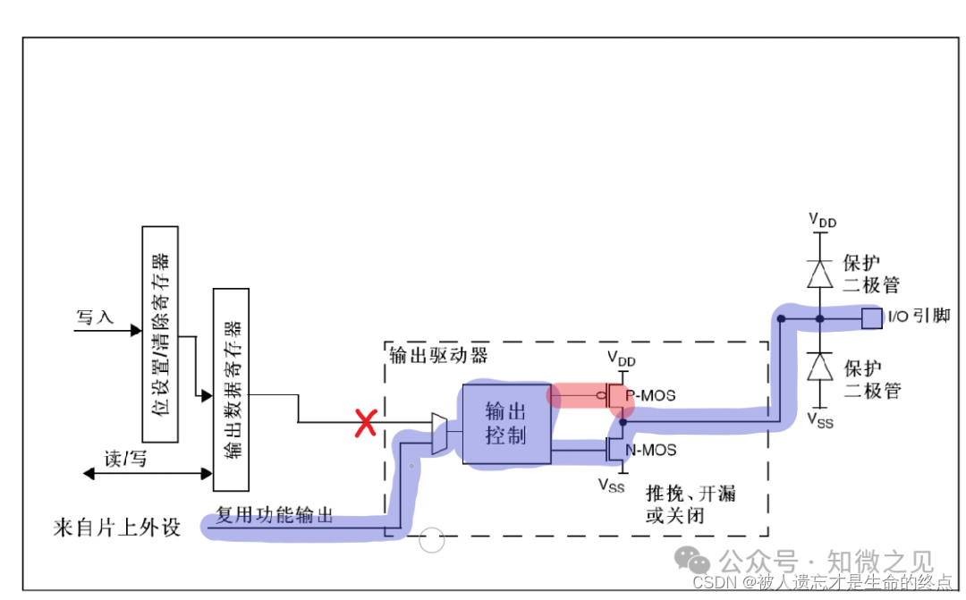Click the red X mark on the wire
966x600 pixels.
coord(364,423)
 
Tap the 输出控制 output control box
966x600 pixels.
coord(506,424)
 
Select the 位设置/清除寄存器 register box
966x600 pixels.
coord(160,334)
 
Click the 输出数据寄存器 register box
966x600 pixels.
coord(231,389)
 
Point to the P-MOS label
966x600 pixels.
coord(650,395)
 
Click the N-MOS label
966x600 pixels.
coord(650,450)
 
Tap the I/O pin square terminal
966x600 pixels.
coord(870,317)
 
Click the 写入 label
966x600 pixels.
coord(96,317)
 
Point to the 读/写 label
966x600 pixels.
coord(125,460)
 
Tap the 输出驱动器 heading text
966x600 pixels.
coord(439,355)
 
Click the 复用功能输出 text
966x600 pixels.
coord(275,515)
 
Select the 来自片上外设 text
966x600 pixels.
coord(117,528)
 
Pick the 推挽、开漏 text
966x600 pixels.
coord(691,494)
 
